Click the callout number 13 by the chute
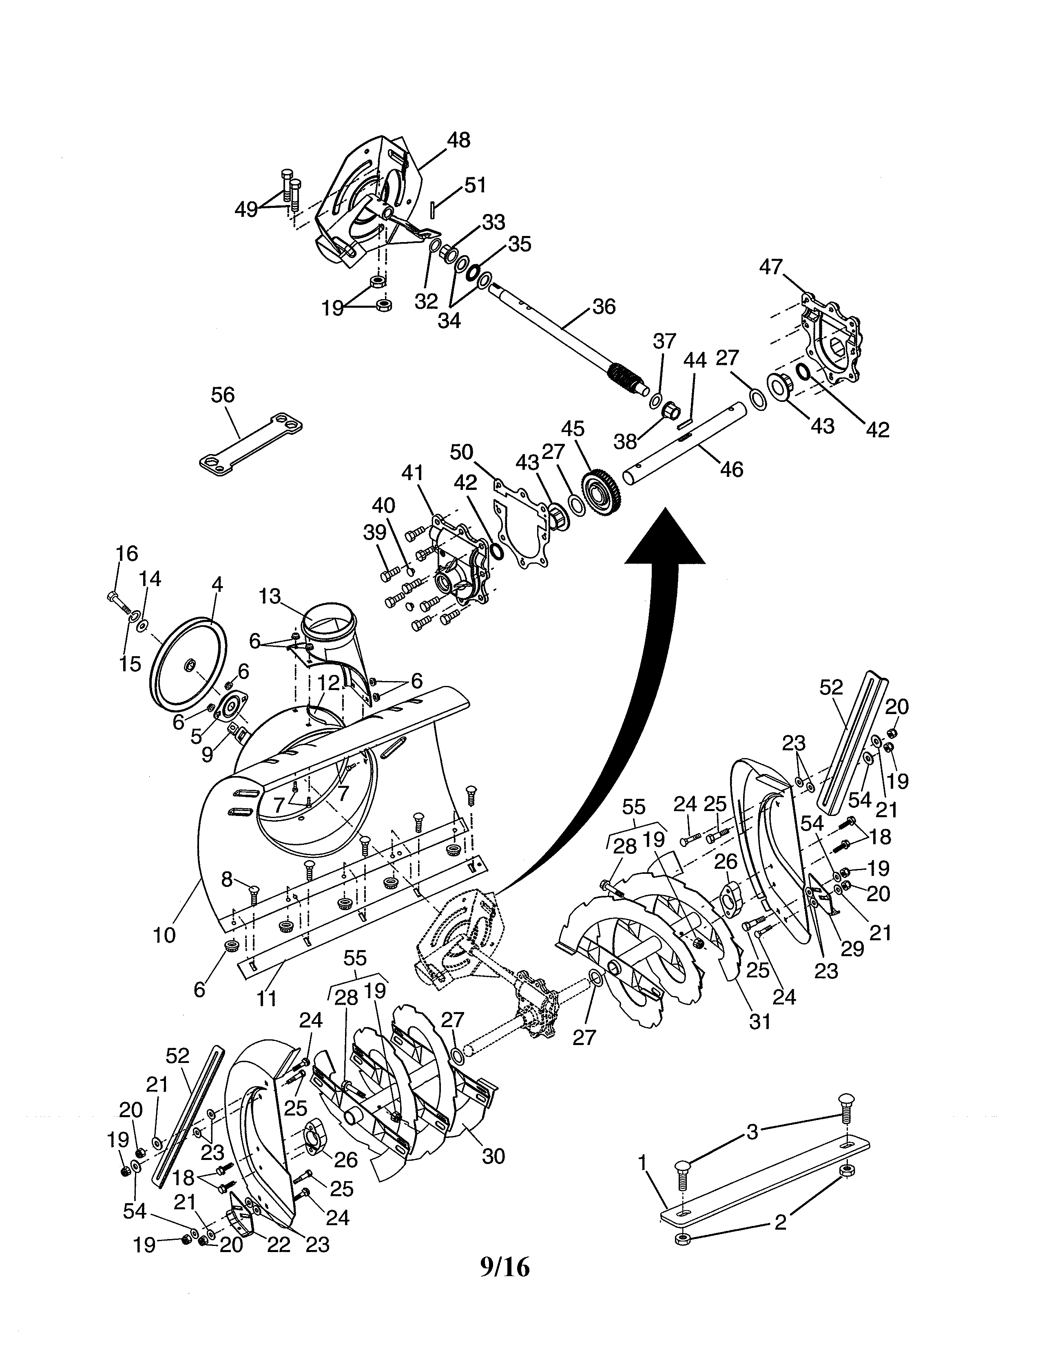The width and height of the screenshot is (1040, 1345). pos(270,596)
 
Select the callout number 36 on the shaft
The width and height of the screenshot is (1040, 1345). pos(603,306)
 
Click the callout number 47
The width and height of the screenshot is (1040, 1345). pos(771,267)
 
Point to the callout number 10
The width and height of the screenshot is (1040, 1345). pos(164,935)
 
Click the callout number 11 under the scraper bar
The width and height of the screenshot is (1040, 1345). pos(266,998)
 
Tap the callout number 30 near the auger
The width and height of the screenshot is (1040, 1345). pos(493,1156)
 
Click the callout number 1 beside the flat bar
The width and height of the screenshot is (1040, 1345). pos(643,1163)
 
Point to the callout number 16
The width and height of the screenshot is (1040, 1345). pos(126,553)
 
